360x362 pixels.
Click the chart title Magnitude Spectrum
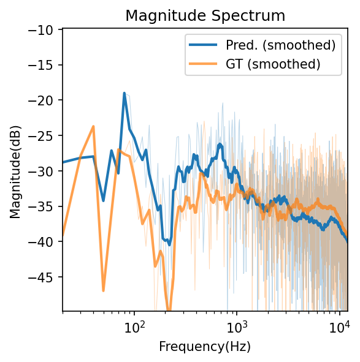[205, 15]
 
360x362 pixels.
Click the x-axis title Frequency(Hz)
[205, 347]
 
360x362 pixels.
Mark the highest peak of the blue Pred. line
[124, 94]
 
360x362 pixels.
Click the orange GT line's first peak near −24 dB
[93, 126]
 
